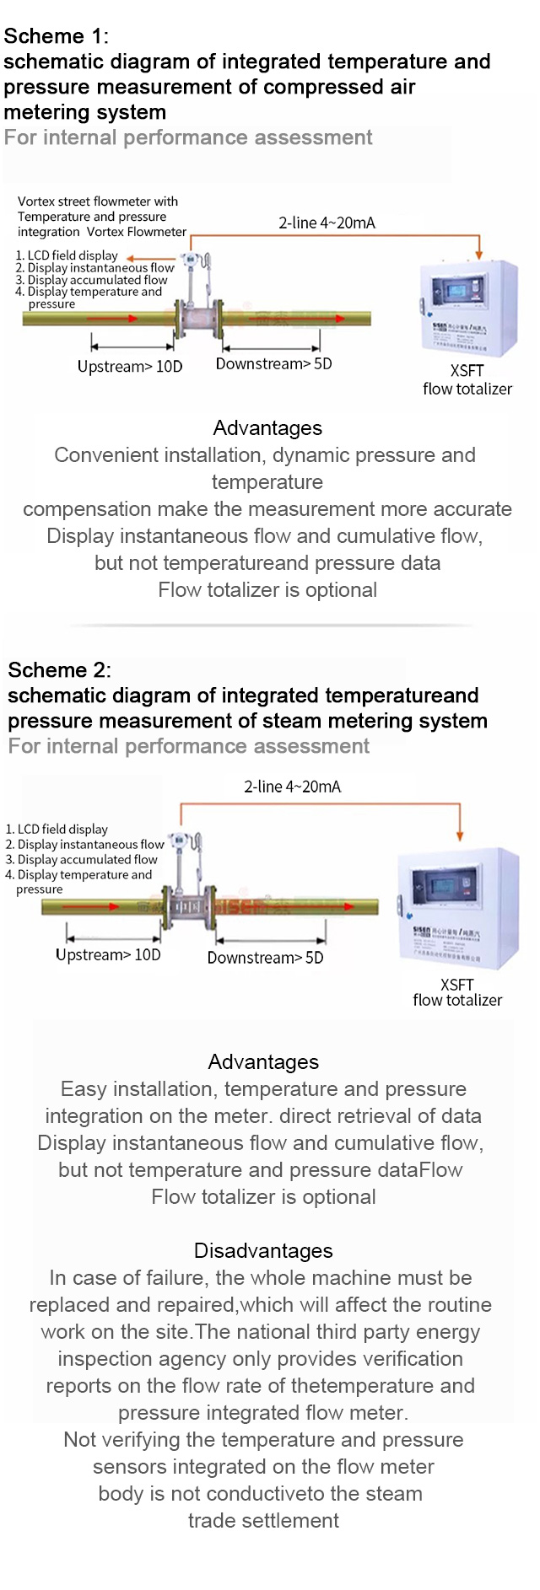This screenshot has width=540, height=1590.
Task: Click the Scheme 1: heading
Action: tap(56, 36)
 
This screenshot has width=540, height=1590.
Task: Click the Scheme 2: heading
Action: tap(59, 670)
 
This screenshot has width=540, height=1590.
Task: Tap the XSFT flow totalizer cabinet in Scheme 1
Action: tap(468, 308)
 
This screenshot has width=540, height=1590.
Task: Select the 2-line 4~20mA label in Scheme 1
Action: tap(327, 223)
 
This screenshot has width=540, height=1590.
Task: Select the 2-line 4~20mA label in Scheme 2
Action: tap(292, 787)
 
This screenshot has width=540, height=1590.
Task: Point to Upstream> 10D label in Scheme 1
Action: tap(130, 367)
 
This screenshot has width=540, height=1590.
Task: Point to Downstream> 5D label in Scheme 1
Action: tap(273, 364)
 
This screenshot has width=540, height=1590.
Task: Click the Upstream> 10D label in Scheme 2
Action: tap(108, 955)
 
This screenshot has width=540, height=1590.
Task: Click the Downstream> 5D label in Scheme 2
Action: tap(265, 958)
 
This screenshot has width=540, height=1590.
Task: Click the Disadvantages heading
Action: tap(263, 1250)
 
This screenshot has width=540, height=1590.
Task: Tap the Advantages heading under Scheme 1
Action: tap(267, 428)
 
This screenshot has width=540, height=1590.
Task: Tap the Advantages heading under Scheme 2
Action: tap(263, 1062)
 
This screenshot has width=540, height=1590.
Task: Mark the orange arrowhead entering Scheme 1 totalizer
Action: tap(479, 253)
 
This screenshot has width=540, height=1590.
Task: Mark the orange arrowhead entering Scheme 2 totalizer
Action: tap(460, 835)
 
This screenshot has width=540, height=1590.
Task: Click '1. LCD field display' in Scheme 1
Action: tap(67, 255)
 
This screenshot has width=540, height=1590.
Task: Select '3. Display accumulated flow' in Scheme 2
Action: tap(82, 860)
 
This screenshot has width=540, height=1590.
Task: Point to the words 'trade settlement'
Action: tap(263, 1521)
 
